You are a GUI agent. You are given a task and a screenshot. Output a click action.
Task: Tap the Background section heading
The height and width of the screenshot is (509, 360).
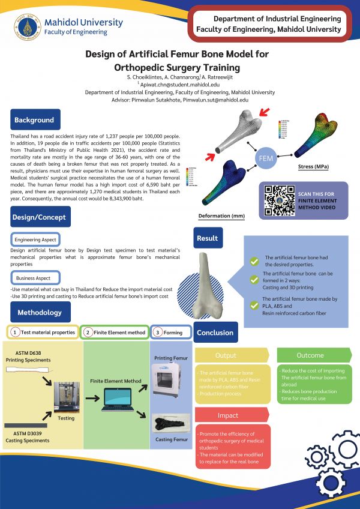click(35, 120)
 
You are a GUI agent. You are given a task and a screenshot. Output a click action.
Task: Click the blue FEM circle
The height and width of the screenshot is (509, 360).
click(266, 158)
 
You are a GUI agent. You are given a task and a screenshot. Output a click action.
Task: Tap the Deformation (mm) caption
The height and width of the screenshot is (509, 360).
click(221, 215)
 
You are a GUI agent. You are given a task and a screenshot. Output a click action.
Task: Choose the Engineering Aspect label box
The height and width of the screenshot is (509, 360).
click(35, 239)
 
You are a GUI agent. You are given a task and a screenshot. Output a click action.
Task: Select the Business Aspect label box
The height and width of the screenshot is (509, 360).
click(34, 278)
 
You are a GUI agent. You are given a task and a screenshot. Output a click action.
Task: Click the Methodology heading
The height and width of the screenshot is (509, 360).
click(40, 313)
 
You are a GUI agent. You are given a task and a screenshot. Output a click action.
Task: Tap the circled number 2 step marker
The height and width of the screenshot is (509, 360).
click(88, 332)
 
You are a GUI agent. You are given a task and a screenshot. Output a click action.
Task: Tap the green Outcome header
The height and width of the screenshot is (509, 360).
click(310, 355)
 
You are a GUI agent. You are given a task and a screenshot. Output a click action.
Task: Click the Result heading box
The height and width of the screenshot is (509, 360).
click(207, 238)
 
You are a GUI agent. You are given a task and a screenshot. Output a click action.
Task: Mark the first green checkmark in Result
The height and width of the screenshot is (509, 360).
click(254, 262)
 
